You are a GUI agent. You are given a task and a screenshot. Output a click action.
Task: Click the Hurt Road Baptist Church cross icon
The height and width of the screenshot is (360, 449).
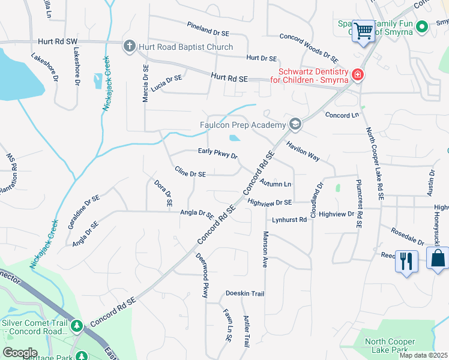coord(128,47)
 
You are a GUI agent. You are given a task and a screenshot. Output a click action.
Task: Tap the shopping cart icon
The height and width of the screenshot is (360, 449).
coord(363,31)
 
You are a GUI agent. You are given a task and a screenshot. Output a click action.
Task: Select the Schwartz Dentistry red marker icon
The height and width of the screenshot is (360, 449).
coord(357,75)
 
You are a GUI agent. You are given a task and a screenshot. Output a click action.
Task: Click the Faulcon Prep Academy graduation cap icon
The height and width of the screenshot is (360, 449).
coord(295,125)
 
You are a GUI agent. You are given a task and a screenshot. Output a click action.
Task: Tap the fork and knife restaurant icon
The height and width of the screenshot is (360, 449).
coord(406,261)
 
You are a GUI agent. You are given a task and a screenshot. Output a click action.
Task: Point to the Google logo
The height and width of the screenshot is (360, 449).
coord(20,353)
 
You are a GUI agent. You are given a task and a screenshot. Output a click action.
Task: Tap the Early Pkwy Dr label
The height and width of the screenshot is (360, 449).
coord(218,154)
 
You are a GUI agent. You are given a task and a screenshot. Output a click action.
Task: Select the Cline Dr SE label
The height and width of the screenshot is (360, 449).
coord(190,173)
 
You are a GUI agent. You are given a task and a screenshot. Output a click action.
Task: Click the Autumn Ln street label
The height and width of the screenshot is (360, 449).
coord(276,183)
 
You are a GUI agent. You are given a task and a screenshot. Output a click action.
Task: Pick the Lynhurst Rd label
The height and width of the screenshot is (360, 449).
coord(289,220)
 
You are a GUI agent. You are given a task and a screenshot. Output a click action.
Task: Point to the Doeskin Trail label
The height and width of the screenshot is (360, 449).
coord(245,293)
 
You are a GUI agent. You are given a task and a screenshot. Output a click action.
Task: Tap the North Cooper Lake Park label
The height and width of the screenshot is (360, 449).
coord(390,346)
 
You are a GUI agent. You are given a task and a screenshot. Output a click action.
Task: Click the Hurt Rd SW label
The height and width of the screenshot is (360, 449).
coord(58,41)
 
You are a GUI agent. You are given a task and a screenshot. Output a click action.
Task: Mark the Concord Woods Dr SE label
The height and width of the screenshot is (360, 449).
coord(309,47)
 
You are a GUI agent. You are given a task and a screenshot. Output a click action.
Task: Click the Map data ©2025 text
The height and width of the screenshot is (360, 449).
coord(424,355)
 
